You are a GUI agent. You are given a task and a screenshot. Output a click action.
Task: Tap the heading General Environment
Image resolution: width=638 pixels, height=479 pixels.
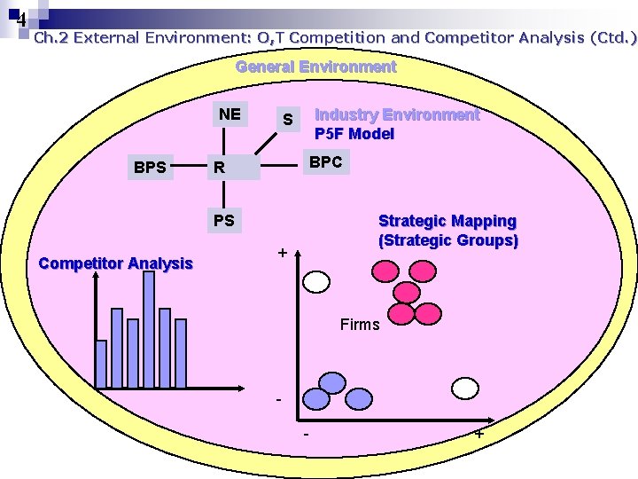coord(315,67)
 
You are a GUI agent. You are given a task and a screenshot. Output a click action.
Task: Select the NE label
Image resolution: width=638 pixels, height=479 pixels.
coord(230,114)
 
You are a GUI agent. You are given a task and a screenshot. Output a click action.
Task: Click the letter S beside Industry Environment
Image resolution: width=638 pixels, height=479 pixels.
coord(287,119)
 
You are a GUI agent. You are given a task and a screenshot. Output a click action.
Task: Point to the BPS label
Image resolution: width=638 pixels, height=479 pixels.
coord(150,166)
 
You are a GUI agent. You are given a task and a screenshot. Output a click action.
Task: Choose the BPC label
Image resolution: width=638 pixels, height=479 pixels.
coord(325,162)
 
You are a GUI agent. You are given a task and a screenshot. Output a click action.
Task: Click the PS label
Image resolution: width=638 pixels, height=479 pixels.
coord(224,219)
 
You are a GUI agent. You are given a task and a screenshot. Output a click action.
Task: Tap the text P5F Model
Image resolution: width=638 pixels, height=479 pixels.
coord(354,134)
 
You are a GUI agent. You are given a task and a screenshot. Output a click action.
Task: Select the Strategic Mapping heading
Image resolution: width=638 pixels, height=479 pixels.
coord(447,220)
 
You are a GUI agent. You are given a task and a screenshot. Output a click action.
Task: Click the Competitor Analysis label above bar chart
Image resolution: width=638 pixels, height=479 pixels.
coord(116,263)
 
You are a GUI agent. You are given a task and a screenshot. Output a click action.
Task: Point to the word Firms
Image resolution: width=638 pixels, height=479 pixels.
coord(360,324)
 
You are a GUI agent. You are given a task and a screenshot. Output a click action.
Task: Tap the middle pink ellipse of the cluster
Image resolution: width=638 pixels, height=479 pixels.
coord(408,291)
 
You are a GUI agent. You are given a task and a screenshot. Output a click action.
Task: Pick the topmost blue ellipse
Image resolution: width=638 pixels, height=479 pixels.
coord(331,382)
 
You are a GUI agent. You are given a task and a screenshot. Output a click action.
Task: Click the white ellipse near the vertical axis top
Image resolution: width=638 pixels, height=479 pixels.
coord(316,282)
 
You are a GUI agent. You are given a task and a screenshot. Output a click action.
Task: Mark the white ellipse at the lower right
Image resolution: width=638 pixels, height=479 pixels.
coord(466,389)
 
